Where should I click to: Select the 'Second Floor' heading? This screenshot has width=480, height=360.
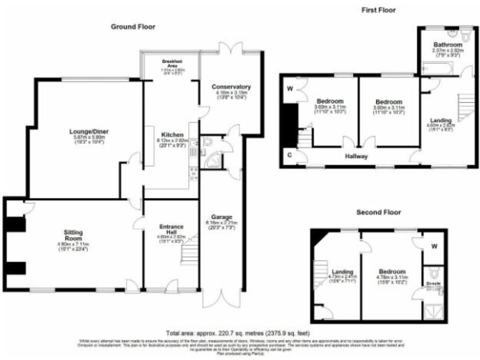[379, 212]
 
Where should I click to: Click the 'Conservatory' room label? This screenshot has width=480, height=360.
[231, 86]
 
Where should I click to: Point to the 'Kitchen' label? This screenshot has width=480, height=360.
[172, 134]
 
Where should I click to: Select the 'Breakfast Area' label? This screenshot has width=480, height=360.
[171, 62]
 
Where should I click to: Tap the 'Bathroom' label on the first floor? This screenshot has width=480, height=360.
[448, 45]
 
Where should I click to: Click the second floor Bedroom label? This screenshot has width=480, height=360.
[392, 271]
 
